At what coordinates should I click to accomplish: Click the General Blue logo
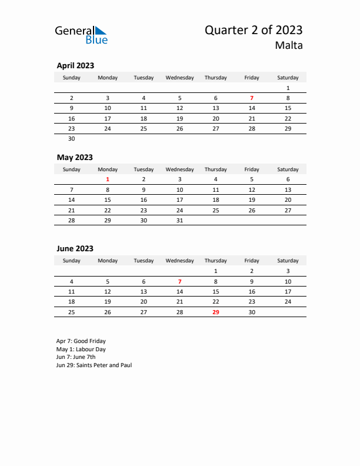point(81,35)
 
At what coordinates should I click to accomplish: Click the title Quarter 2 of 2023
point(254,31)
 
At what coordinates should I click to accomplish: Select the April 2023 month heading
point(75,66)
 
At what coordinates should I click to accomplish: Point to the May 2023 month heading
point(75,157)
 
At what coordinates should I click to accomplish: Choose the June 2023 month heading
point(75,249)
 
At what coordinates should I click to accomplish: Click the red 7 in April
point(252,98)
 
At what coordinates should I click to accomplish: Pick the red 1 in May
point(108,179)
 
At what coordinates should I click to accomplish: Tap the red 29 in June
point(216,312)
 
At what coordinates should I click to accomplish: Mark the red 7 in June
point(180,281)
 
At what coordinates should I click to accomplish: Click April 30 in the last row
point(72,139)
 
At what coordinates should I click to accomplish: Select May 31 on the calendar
point(180,221)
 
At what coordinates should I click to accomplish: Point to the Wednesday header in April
point(180,78)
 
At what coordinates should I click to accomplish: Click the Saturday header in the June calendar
point(288,261)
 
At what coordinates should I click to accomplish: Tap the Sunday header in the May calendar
point(72,169)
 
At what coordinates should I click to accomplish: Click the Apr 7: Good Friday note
point(81,341)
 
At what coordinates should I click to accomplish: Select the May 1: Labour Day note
point(81,349)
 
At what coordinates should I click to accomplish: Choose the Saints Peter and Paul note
point(94,365)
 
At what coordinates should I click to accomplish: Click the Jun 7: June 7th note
point(76,357)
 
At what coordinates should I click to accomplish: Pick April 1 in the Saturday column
point(288,88)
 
